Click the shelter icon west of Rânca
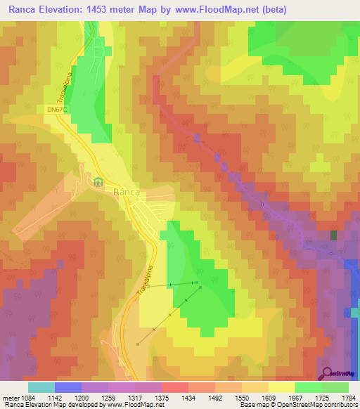pos(98,182)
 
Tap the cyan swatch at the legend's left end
pos(41,387)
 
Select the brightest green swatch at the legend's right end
pos(335,387)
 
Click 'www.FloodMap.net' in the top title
pos(216,10)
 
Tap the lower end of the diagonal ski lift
pos(138,344)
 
